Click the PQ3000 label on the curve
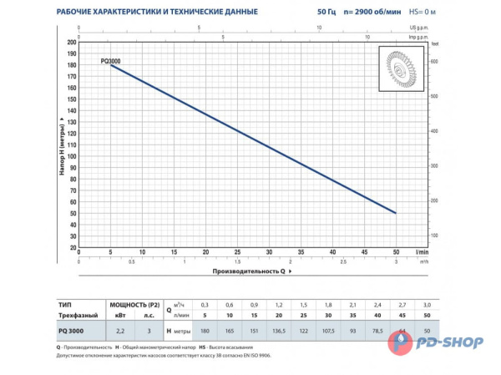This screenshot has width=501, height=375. click(x=110, y=61)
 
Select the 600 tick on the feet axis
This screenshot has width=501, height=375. click(x=433, y=62)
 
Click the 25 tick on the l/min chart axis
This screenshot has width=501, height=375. click(x=236, y=251)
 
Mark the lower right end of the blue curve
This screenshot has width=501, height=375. click(x=395, y=213)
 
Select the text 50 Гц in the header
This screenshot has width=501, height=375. click(x=304, y=12)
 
